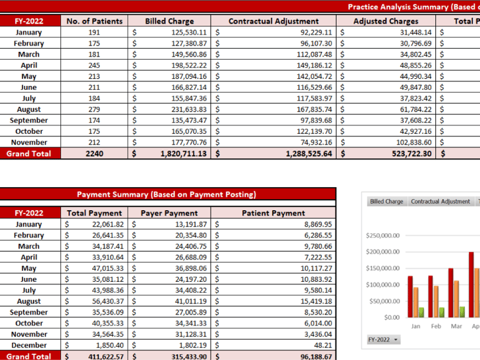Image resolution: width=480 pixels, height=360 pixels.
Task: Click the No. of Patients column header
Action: point(94,21)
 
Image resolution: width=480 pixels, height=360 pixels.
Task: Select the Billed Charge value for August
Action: point(189,110)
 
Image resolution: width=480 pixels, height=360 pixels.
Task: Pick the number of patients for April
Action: point(94,65)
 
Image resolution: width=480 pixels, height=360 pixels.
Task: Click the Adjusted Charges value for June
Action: point(415,87)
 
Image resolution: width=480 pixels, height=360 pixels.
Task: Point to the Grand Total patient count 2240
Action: point(94,154)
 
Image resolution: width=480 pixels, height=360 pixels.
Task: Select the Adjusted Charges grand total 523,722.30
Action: point(412,154)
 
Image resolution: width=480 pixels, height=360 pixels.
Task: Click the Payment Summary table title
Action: point(166,195)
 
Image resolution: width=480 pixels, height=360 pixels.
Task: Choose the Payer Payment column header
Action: point(170,213)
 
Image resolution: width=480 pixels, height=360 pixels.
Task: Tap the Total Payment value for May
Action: point(108,268)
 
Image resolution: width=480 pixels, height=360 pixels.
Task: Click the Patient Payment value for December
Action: point(323,345)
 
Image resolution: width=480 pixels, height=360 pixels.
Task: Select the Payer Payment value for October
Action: point(191,323)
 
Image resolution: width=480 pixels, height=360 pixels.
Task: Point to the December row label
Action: point(29,345)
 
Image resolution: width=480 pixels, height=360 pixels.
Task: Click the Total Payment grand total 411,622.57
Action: point(106,357)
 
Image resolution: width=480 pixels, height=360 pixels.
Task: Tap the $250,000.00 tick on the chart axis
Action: point(383,236)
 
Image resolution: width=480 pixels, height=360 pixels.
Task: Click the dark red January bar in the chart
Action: point(410,297)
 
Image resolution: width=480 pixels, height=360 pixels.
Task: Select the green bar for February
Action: point(442,313)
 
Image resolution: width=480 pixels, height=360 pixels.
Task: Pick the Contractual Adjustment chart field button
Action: point(440,201)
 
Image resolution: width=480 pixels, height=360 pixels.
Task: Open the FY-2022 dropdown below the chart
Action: point(383,340)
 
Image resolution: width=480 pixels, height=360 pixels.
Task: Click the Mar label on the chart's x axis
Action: point(456,326)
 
